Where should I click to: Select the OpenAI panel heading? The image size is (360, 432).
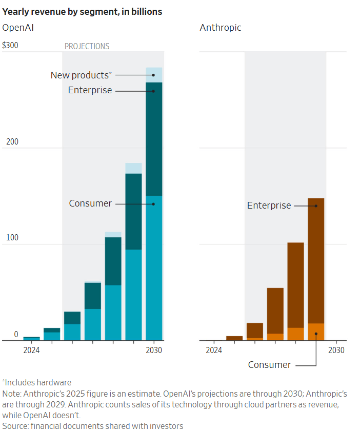[x=18, y=28]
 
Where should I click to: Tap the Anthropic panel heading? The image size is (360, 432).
[x=220, y=28]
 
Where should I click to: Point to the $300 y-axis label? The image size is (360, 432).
[x=10, y=46]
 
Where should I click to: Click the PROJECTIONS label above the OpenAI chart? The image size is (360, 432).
[x=87, y=46]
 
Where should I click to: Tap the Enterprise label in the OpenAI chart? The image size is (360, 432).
[x=90, y=91]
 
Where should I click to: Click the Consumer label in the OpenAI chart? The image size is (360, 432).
[x=90, y=203]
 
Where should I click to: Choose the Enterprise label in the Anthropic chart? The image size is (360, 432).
[x=269, y=205]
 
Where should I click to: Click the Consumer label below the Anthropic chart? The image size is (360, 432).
[x=269, y=365]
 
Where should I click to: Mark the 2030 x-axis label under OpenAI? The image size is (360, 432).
[x=154, y=351]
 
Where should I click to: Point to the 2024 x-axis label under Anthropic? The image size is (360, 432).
[x=214, y=351]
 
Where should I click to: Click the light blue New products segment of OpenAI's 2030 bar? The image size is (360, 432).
[x=154, y=74]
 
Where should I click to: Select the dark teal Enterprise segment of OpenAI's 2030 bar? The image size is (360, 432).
[x=154, y=138]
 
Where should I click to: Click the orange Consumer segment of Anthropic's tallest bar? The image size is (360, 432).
[x=316, y=332]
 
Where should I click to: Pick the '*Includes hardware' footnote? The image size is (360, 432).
[x=37, y=382]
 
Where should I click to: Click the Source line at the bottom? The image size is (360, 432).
[x=93, y=426]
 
